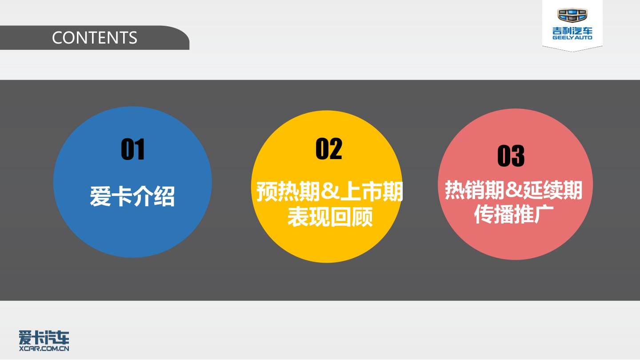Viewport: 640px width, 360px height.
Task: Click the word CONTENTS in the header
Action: (x=95, y=38)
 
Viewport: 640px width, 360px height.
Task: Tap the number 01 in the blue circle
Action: (x=133, y=149)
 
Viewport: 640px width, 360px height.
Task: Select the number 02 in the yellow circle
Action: (x=329, y=148)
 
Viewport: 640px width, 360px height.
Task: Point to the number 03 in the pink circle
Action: (x=511, y=156)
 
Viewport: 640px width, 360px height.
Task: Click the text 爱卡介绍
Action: (x=132, y=196)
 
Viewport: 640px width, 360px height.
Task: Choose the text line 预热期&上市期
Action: (x=329, y=191)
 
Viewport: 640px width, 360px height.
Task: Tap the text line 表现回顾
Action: (x=330, y=217)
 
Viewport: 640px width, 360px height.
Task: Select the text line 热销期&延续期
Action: (x=513, y=190)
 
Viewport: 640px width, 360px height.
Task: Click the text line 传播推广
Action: (x=514, y=214)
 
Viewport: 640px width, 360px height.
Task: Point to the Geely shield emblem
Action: (x=572, y=15)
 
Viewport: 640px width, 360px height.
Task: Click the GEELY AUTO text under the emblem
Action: (x=572, y=37)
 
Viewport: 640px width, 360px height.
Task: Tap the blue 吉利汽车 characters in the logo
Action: (x=572, y=31)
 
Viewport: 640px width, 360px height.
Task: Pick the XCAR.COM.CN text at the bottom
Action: (x=44, y=348)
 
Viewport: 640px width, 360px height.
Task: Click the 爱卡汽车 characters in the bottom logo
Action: (x=44, y=338)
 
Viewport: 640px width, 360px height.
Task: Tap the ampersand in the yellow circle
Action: (x=330, y=192)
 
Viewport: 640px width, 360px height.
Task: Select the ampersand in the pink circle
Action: (x=514, y=190)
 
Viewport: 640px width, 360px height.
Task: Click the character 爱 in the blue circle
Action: (x=100, y=196)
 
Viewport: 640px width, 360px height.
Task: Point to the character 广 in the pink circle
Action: (x=544, y=214)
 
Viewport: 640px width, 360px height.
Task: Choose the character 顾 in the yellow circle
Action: (x=362, y=217)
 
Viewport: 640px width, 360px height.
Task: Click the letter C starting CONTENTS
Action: (x=57, y=38)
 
